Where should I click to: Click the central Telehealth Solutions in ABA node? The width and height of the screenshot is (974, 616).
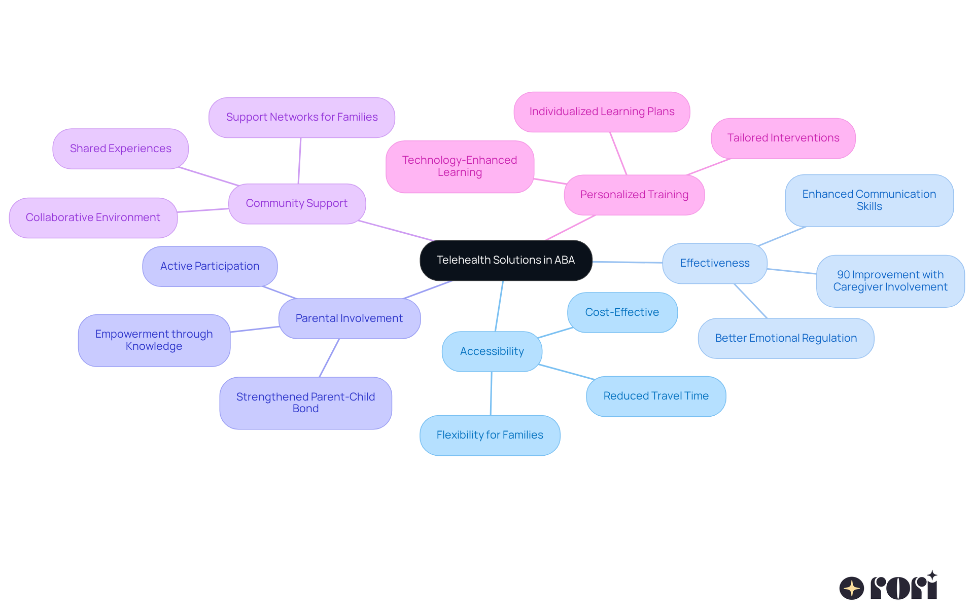(506, 260)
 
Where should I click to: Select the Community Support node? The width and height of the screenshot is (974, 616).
(297, 203)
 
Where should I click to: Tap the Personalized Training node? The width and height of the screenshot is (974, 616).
(634, 195)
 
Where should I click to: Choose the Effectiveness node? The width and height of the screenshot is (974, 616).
(714, 263)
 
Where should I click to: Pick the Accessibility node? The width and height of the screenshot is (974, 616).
(492, 351)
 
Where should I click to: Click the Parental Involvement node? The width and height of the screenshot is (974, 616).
(349, 318)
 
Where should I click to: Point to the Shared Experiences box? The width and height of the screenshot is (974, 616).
(120, 149)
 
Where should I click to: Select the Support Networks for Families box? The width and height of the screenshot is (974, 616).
(302, 117)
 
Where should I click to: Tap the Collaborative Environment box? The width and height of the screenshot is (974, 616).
(93, 218)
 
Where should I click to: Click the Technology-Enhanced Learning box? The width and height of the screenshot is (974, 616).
(460, 166)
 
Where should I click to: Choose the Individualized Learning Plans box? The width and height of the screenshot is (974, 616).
(602, 112)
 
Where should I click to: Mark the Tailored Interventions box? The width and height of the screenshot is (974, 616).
(783, 138)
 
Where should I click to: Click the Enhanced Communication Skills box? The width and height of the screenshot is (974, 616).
(869, 200)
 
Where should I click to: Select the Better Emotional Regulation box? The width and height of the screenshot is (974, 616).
(786, 338)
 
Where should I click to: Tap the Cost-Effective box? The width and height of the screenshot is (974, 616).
(622, 312)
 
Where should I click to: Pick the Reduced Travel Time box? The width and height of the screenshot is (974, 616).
(656, 396)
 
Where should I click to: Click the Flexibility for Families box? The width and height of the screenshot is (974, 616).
(490, 435)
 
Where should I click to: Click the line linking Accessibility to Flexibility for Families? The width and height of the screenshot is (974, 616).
(491, 393)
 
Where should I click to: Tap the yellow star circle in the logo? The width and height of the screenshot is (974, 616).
(851, 588)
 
